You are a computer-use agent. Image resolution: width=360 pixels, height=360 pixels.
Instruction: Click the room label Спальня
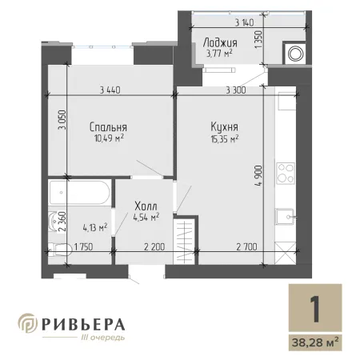pos(108,127)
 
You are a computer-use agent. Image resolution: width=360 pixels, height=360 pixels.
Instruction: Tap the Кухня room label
pos(225,127)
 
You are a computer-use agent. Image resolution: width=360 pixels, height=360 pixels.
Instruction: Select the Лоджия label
pos(220,42)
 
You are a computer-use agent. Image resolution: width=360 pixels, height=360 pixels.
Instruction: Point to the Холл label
pos(146,206)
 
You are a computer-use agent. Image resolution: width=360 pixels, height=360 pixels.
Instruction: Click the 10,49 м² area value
pos(109,138)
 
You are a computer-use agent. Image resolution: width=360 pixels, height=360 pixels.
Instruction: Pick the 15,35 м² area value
pos(225,138)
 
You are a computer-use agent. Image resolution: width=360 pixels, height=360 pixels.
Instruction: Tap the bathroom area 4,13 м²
pos(95,228)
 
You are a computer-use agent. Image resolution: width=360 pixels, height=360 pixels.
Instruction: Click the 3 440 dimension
pos(110,90)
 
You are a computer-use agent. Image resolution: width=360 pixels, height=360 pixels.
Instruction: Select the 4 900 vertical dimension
pos(258,176)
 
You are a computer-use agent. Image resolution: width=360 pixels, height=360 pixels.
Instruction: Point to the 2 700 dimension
pos(246,247)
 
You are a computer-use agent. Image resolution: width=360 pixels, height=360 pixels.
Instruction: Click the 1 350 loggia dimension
pos(258,39)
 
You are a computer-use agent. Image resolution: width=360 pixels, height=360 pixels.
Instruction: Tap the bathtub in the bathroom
pos(79,193)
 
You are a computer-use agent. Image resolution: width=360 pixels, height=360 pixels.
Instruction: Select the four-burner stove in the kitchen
pos(286,174)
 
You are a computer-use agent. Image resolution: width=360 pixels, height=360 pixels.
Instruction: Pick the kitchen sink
pos(285,217)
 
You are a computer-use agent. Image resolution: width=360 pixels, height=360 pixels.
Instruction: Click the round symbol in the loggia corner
pos(295,54)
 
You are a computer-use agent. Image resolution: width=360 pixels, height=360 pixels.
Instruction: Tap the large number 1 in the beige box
pos(315,309)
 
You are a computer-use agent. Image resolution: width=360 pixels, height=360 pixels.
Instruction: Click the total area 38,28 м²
pos(315,342)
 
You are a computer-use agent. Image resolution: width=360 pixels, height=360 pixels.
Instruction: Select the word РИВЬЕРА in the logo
pos(83,324)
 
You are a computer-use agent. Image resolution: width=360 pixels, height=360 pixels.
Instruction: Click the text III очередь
pos(103,338)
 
